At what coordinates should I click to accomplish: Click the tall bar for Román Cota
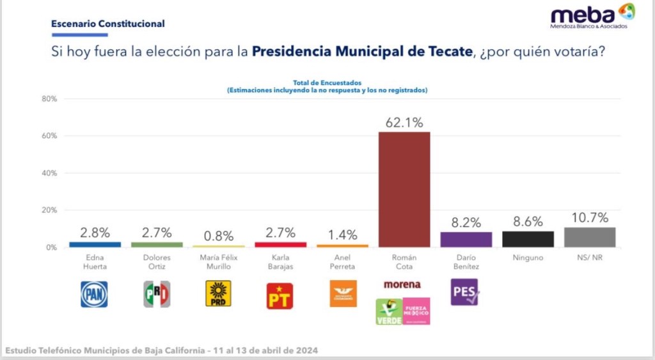coord(404,189)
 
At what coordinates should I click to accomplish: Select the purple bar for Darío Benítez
coord(466,240)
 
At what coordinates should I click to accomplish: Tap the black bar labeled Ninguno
coord(528,239)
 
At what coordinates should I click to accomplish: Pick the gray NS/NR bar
coord(590,237)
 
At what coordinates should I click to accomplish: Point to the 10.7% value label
coord(590,218)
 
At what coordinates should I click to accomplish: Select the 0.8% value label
coord(218,236)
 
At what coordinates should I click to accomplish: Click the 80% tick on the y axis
coord(49,99)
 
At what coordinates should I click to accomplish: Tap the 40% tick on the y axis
coord(49,173)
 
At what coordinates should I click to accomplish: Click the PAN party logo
coord(94,294)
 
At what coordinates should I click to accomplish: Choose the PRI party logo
coord(156,294)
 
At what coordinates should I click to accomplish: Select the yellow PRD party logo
coord(218,293)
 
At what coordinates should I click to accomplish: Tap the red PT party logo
coord(280,295)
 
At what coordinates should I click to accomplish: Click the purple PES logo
coord(465,292)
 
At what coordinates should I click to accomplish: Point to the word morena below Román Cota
coord(402,284)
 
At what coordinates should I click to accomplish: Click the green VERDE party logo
coord(389,311)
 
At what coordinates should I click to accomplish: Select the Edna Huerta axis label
coord(94,262)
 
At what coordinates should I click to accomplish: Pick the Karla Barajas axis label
coord(280,262)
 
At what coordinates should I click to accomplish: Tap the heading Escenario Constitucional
coord(107,24)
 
